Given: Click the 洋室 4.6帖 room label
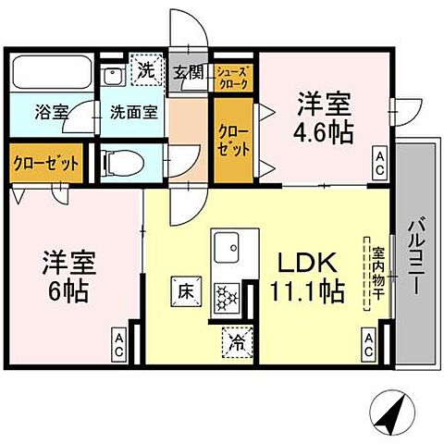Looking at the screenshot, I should pos(324,116).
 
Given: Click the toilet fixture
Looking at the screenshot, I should pos(126,164).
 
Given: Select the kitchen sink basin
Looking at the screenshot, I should pos(228,248).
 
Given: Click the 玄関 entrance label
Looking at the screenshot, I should pos(188,72).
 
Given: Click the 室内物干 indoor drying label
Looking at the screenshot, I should pos(378,273).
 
